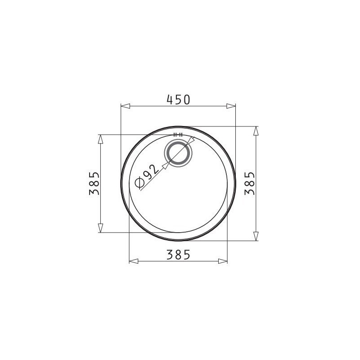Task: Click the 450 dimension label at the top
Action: pyautogui.click(x=178, y=99)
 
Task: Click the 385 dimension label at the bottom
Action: pyautogui.click(x=178, y=255)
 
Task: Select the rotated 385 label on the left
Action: pyautogui.click(x=94, y=183)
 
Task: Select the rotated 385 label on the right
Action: pyautogui.click(x=250, y=183)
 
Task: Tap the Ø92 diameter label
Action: pyautogui.click(x=147, y=176)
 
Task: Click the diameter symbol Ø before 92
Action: pyautogui.click(x=139, y=183)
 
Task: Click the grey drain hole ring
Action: pyautogui.click(x=178, y=153)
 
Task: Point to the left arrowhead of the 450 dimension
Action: pyautogui.click(x=126, y=106)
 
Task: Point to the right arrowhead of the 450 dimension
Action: pyautogui.click(x=231, y=106)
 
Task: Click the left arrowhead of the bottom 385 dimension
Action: pyautogui.click(x=134, y=261)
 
